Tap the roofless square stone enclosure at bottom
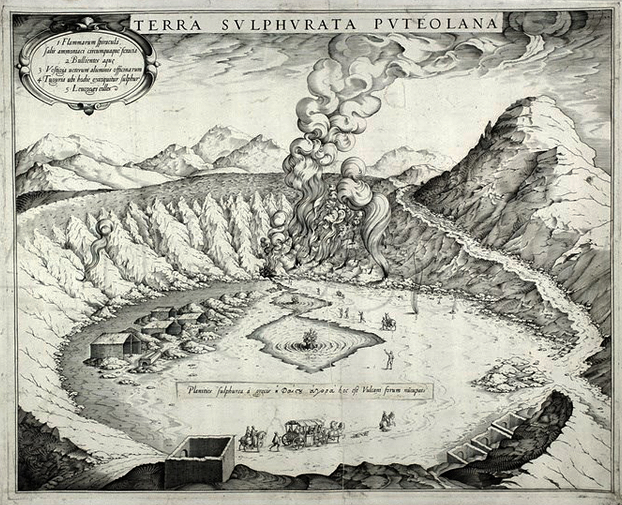click(x=200, y=459)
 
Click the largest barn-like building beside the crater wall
click(x=115, y=346)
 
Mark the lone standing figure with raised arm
click(x=389, y=357)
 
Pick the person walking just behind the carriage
click(x=274, y=441)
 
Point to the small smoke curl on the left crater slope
click(x=103, y=234)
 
